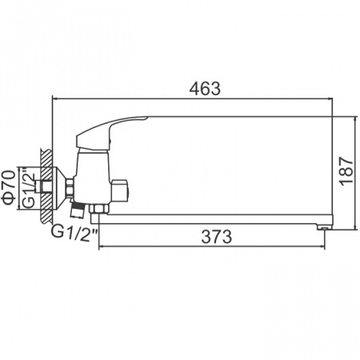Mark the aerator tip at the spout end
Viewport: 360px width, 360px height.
click(x=324, y=226)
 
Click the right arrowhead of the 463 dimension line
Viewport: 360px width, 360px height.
click(x=330, y=98)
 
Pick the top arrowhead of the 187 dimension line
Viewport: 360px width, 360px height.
click(x=353, y=118)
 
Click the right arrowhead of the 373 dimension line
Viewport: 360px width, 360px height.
click(x=322, y=247)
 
